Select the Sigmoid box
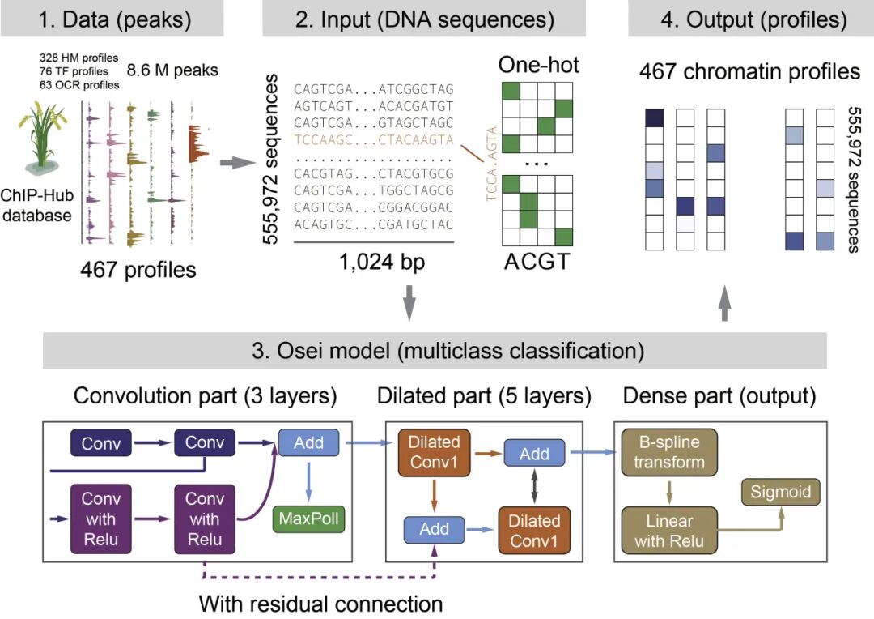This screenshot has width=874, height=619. tap(782, 491)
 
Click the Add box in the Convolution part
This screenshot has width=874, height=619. tap(309, 443)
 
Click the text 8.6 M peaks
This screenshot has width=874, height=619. tap(176, 70)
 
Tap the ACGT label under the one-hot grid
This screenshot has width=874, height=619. tap(537, 263)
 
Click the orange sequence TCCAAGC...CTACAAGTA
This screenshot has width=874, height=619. tap(374, 139)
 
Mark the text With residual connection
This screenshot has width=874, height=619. tap(321, 604)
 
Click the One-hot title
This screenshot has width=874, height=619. tap(539, 65)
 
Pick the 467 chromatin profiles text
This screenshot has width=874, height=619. tap(749, 72)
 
